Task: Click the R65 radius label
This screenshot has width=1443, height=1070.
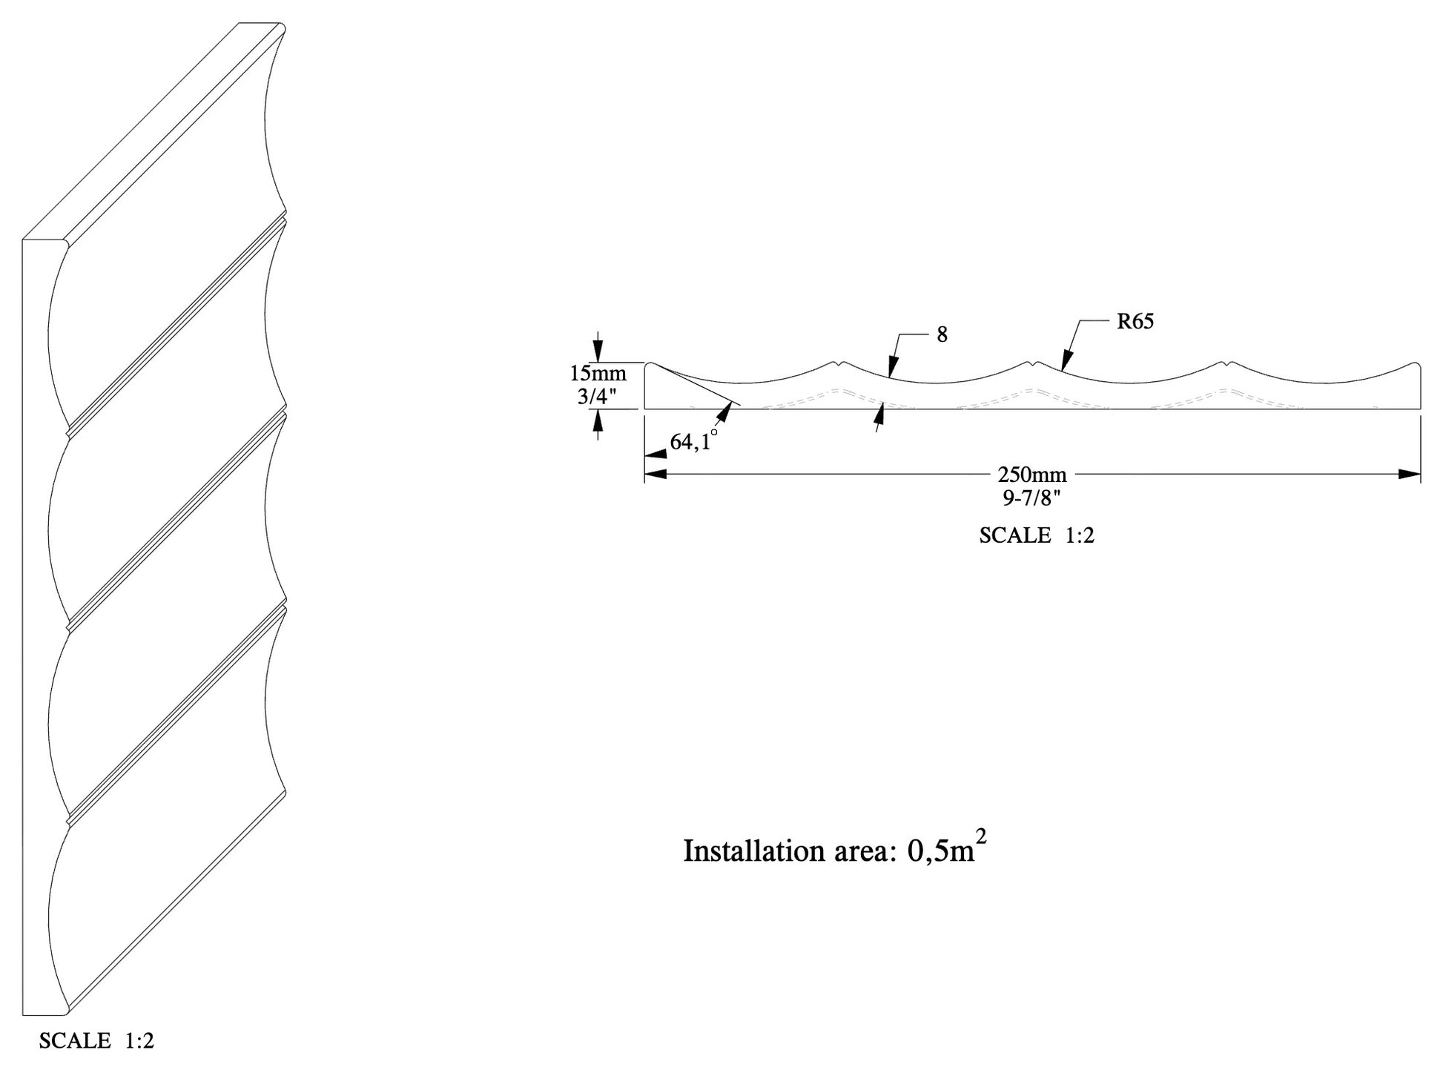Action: click(1135, 321)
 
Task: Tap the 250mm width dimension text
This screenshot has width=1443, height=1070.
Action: click(1031, 475)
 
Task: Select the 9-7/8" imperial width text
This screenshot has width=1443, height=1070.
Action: click(1031, 498)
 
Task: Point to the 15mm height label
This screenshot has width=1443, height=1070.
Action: click(598, 373)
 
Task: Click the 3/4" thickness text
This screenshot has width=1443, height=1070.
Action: click(598, 397)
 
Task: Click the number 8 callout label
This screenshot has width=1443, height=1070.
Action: click(942, 335)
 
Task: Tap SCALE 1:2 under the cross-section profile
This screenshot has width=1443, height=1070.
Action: click(1036, 535)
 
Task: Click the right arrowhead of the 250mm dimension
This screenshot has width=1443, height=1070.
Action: click(1409, 475)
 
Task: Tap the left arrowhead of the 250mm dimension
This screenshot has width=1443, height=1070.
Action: click(656, 475)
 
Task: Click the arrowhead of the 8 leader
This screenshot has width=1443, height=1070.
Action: click(893, 368)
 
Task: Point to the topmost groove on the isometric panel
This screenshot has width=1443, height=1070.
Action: click(176, 326)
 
